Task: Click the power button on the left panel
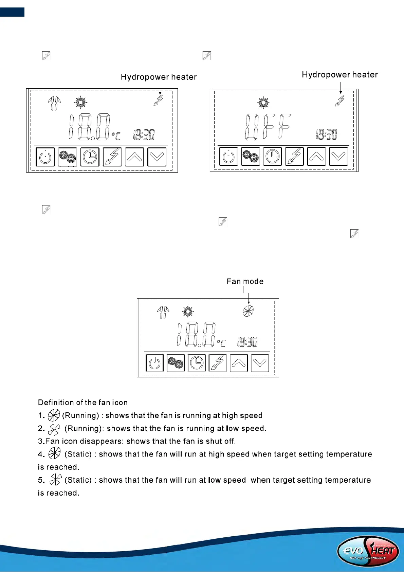pos(45,157)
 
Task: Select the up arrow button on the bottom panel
pos(239,363)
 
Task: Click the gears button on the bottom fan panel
pos(176,363)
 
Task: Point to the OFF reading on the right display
pos(268,127)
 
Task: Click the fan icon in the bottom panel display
pos(248,311)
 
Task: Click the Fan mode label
pos(245,281)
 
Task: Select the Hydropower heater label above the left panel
pos(159,77)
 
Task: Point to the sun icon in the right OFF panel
pos(263,103)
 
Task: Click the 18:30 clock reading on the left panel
pos(144,135)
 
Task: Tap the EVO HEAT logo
pos(368,551)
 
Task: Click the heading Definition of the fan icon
pos(83,403)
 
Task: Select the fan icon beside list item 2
pos(54,429)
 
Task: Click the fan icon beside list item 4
pos(54,453)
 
